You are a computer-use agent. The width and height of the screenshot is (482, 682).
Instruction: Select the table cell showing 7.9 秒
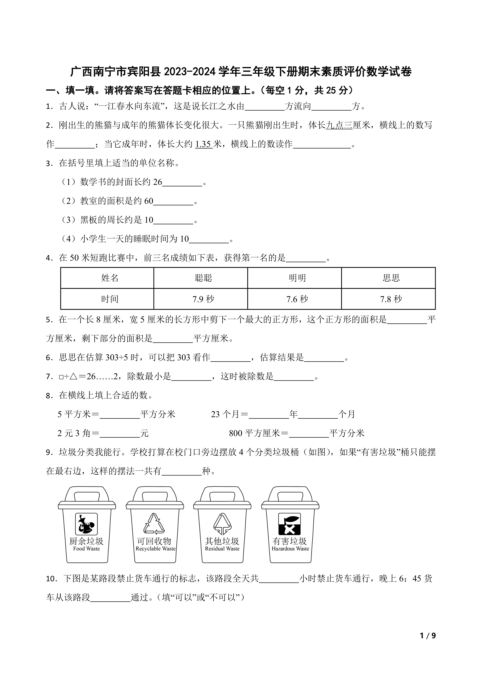[x=203, y=299]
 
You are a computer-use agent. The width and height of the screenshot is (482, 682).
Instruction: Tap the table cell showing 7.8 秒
[x=391, y=299]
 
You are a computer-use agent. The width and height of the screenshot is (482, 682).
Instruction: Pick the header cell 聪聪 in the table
[x=203, y=278]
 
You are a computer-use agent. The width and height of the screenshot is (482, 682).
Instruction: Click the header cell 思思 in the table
[x=391, y=278]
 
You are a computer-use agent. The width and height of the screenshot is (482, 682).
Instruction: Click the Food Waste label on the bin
[x=86, y=549]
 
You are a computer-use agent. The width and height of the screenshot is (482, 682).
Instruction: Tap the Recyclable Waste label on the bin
[x=156, y=549]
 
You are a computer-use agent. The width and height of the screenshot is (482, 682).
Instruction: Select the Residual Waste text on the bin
[x=222, y=549]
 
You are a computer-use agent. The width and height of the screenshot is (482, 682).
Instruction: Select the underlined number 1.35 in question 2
[x=204, y=144]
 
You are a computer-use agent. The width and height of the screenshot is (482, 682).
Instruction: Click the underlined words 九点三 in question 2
[x=339, y=125]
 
